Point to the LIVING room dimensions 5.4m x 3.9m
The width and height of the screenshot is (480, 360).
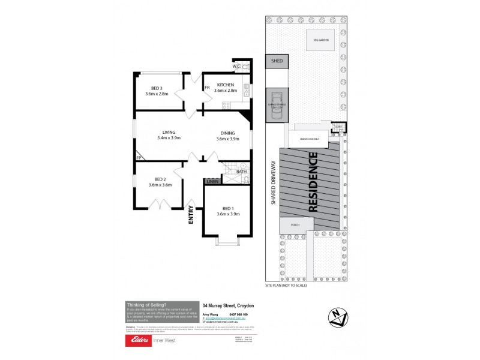pyautogui.click(x=169, y=138)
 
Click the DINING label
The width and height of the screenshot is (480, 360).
pyautogui.click(x=227, y=133)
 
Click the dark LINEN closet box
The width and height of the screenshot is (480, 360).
pyautogui.click(x=212, y=181)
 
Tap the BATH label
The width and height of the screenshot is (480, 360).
pyautogui.click(x=241, y=172)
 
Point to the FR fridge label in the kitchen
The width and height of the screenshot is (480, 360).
pyautogui.click(x=207, y=88)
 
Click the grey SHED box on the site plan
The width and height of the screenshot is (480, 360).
pyautogui.click(x=277, y=61)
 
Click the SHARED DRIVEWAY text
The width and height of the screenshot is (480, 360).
pyautogui.click(x=272, y=184)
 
